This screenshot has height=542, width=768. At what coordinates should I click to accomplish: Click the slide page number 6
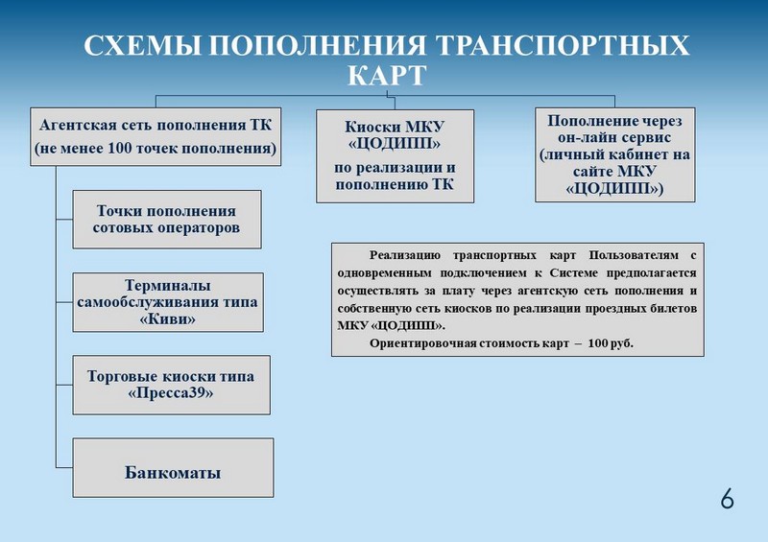point(727,499)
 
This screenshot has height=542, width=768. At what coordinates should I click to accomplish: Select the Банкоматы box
point(173,473)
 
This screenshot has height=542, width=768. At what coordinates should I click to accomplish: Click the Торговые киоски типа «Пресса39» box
point(171,385)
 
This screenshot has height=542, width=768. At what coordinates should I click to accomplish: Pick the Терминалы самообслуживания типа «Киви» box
point(167,302)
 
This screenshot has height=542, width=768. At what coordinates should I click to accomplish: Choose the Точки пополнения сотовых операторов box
point(166,220)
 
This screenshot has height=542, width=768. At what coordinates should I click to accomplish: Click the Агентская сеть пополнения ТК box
point(155,136)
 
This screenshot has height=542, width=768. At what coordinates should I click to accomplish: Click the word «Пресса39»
point(171,393)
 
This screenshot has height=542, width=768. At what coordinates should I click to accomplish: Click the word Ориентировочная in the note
point(419,342)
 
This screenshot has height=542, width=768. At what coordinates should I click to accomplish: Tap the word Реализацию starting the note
point(403,256)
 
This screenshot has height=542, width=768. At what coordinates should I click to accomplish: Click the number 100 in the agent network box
point(119,149)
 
